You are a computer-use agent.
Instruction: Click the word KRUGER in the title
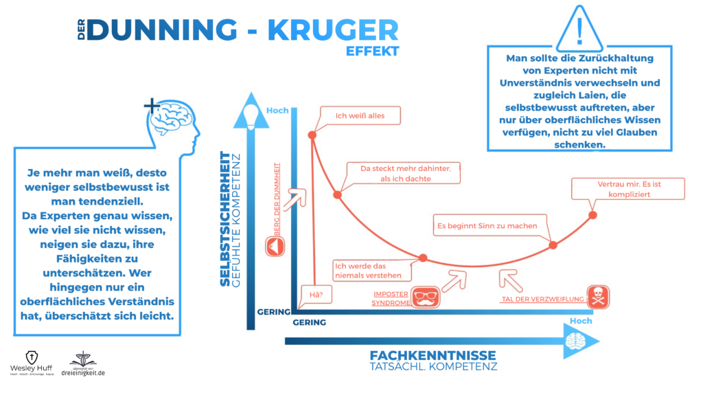point(333,30)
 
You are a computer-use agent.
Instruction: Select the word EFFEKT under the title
point(372,51)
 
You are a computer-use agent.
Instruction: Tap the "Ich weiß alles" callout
point(360,116)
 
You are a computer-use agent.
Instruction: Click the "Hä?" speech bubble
point(316,295)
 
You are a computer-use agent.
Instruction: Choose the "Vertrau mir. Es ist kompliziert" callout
point(628,189)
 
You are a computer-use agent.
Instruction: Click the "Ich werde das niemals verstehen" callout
point(371,271)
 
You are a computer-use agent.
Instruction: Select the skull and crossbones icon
point(598,297)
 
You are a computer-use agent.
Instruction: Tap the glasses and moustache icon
point(425,297)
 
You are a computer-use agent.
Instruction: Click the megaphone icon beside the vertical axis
point(275,247)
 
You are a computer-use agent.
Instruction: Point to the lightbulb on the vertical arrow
point(251,116)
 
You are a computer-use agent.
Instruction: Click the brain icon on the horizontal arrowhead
point(576,341)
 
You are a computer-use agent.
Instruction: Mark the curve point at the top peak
point(312,135)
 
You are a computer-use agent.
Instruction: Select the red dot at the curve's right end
point(592,215)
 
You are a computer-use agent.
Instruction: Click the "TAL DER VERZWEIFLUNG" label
point(542,300)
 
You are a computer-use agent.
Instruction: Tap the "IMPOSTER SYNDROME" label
point(391,299)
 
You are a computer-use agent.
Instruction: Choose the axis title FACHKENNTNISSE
point(433,356)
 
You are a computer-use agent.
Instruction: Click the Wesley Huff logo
point(32,363)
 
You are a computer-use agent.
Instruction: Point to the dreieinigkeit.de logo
point(83,364)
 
